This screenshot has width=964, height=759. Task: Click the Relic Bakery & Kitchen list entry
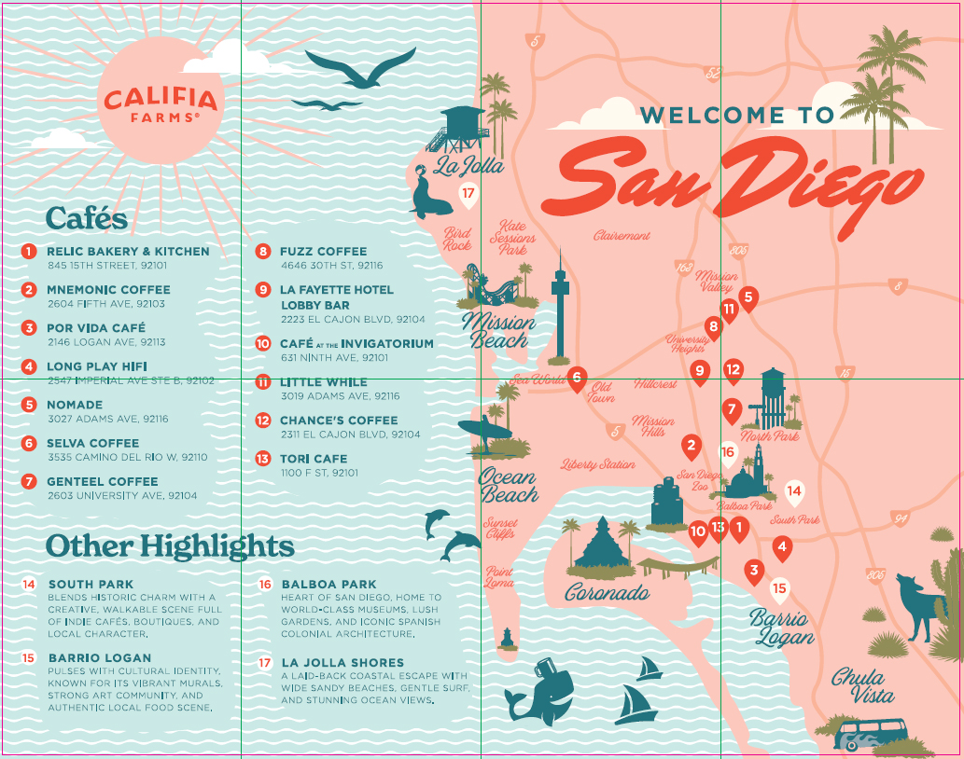128,251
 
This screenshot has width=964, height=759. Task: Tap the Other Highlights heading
170,545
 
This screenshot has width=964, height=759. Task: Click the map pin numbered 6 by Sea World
577,378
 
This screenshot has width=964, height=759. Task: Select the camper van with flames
870,735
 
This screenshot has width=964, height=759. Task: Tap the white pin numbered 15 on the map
779,589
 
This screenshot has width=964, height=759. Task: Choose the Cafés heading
87,218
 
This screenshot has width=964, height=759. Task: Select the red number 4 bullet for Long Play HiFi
29,366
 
